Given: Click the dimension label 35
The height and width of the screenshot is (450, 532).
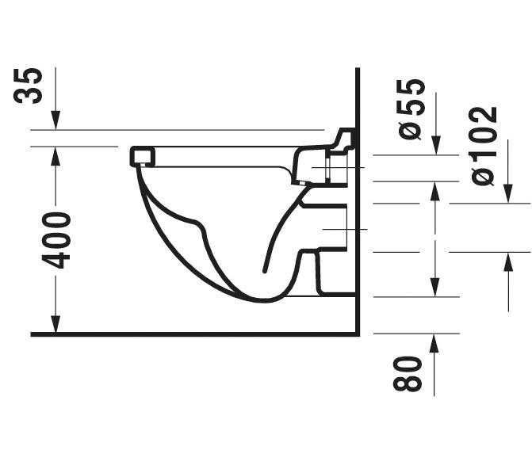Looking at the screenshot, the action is click(x=29, y=85).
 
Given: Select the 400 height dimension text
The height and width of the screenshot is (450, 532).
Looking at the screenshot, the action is click(x=56, y=240).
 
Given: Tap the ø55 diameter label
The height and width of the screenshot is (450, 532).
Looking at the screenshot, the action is click(x=411, y=109).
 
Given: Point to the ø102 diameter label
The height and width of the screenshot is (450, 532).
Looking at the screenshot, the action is click(x=484, y=146).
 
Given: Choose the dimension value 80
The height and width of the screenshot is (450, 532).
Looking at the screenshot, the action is click(x=408, y=373).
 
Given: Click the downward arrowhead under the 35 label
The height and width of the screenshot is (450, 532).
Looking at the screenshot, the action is click(x=55, y=120).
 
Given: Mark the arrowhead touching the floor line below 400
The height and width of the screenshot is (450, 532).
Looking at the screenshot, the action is click(x=55, y=324).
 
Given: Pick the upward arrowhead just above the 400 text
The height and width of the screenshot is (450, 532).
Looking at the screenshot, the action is click(x=55, y=156).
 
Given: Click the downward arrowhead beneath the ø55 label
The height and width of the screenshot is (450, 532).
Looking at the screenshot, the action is click(x=435, y=146).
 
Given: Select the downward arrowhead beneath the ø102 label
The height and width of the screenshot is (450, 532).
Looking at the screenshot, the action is click(x=508, y=193).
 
